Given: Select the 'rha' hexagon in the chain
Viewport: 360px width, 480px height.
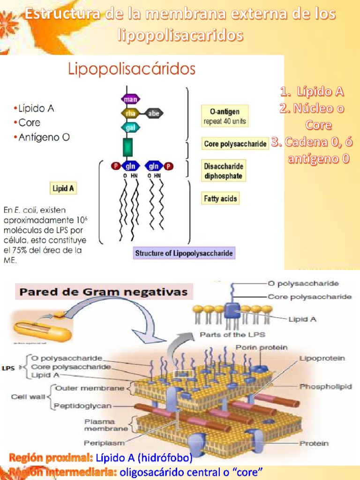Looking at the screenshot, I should pyautogui.click(x=129, y=113).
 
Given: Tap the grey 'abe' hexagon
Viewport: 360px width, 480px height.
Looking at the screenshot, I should pyautogui.click(x=153, y=113).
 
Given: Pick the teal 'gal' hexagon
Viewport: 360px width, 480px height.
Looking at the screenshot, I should pyautogui.click(x=129, y=127).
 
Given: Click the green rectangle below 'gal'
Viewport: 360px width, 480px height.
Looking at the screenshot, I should pyautogui.click(x=127, y=147).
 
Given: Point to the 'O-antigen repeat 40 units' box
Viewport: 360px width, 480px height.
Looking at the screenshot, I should pyautogui.click(x=225, y=117).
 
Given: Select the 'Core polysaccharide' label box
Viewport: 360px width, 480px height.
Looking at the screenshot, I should pyautogui.click(x=235, y=144).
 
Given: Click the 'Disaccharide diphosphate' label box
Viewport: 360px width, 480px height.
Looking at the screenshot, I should pyautogui.click(x=224, y=171).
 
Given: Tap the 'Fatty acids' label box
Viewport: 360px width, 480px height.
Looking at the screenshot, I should pyautogui.click(x=220, y=198).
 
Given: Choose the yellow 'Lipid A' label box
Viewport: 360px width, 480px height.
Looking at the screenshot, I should pyautogui.click(x=63, y=188).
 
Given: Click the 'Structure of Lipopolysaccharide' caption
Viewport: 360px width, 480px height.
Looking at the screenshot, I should pyautogui.click(x=184, y=254).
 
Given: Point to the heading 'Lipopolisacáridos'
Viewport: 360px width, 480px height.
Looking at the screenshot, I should pyautogui.click(x=131, y=70).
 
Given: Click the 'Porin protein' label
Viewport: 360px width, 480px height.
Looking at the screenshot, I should pyautogui.click(x=261, y=347).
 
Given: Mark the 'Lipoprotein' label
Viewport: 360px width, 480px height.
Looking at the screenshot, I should pyautogui.click(x=322, y=358).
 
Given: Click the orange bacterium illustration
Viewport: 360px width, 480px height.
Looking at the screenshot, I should pyautogui.click(x=42, y=330).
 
